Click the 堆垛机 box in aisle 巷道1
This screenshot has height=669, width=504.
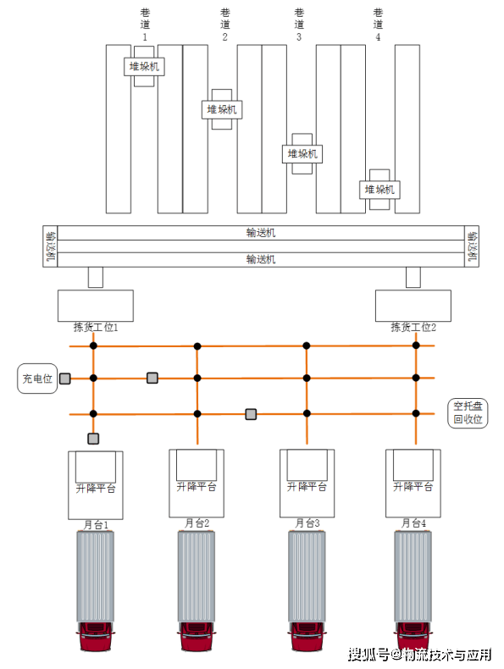(x=144, y=67)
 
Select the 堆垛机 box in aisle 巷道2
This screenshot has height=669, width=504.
(x=222, y=109)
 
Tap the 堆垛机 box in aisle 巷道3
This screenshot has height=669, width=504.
(x=302, y=154)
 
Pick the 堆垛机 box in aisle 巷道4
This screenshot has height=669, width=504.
(x=379, y=190)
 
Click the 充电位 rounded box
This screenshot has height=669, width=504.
(x=37, y=379)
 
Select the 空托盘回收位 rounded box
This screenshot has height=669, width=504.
(x=468, y=413)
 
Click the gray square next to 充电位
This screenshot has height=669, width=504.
(x=65, y=379)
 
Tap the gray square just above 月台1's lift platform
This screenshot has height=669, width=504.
(x=93, y=439)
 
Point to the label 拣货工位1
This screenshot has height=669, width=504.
(x=96, y=327)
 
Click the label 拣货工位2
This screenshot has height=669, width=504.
(x=413, y=327)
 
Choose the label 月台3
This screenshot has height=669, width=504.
(x=307, y=523)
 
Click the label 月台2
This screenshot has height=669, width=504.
(x=197, y=523)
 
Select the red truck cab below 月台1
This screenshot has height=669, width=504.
(x=95, y=637)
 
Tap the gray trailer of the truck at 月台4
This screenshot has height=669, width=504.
(x=413, y=576)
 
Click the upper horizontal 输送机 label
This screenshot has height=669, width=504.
(x=261, y=233)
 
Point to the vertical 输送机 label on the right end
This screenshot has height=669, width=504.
(x=472, y=246)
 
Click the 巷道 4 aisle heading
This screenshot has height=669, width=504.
(x=378, y=25)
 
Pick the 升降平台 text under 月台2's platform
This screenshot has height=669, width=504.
(x=197, y=487)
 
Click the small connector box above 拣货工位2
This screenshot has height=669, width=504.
(x=413, y=277)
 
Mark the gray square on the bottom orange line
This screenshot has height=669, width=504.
(x=251, y=414)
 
